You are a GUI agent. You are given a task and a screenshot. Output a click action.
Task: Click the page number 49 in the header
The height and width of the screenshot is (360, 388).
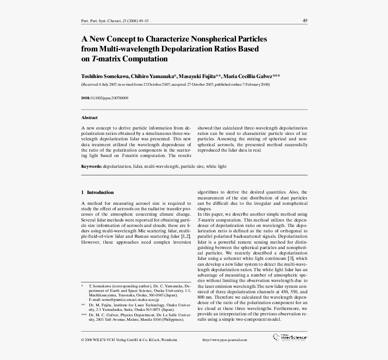pyautogui.click(x=305, y=21)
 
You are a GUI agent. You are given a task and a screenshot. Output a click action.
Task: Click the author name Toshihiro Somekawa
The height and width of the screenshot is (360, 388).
pyautogui.click(x=105, y=76)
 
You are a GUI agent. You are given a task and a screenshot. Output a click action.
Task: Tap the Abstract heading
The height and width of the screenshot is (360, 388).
pyautogui.click(x=89, y=118)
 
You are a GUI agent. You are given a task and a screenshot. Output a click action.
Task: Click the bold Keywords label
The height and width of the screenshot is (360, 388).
pyautogui.click(x=92, y=166)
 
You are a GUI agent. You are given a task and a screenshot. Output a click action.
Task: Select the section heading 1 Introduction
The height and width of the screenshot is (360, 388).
pyautogui.click(x=97, y=192)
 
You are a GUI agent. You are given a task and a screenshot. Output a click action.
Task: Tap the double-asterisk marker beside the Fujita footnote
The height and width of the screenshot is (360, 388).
pyautogui.click(x=83, y=305)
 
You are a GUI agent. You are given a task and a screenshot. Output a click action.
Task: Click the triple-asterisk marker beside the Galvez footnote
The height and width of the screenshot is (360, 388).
pyautogui.click(x=84, y=314)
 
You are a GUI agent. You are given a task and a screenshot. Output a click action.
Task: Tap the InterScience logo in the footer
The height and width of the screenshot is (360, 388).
pyautogui.click(x=291, y=337)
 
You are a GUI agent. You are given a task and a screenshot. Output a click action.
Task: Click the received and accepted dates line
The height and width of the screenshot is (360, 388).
pyautogui.click(x=176, y=84)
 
